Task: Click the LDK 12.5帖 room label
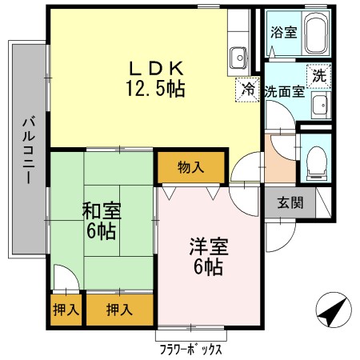click(x=156, y=78)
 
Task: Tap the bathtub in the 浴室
click(x=316, y=33)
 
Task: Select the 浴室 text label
click(x=284, y=32)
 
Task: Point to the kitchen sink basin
click(x=238, y=58)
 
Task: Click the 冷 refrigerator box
click(x=247, y=90)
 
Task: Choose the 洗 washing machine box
click(x=319, y=76)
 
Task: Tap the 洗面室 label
click(x=285, y=92)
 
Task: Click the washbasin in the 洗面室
click(x=321, y=106)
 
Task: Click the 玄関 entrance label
click(x=290, y=202)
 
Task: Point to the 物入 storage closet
click(x=191, y=167)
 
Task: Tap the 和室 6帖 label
click(x=102, y=221)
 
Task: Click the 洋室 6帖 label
click(x=209, y=256)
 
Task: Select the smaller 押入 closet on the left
click(x=66, y=310)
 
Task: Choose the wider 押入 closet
click(x=119, y=310)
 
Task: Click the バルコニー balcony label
click(x=29, y=151)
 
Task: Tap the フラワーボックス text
click(x=190, y=349)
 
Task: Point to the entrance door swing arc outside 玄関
click(x=286, y=242)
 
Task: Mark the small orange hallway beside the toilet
click(x=280, y=159)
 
